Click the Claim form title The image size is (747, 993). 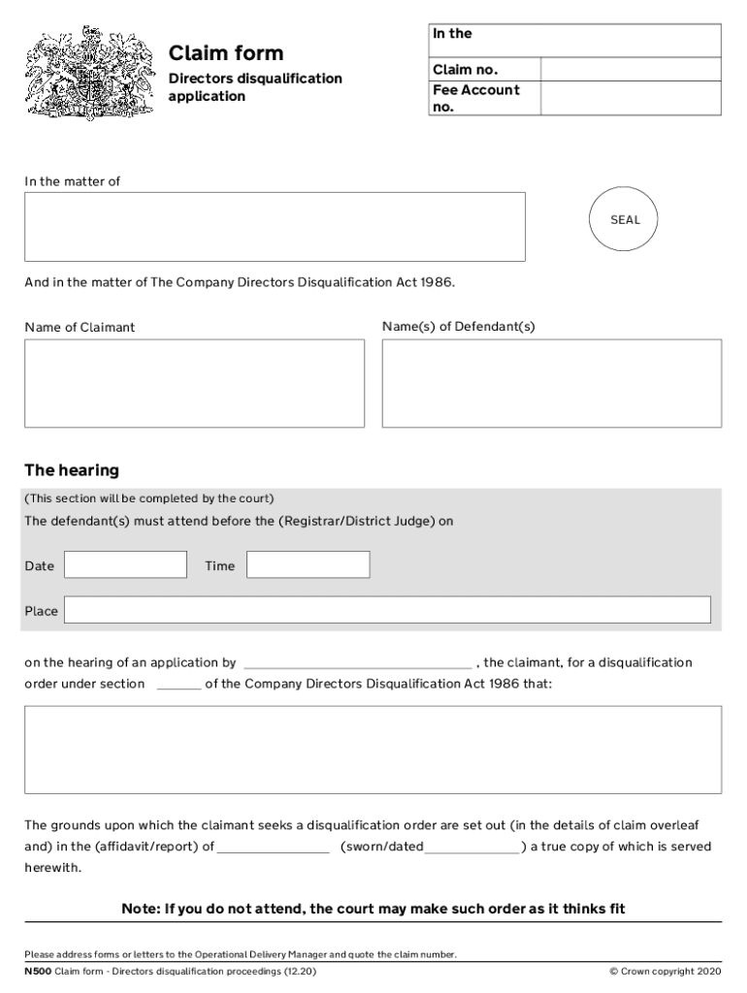(x=226, y=52)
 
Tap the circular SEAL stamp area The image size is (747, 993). (x=625, y=220)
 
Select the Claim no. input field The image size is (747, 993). (x=630, y=70)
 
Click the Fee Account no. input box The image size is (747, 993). (x=630, y=98)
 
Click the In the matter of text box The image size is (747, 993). (x=275, y=227)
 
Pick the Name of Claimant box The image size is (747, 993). (x=194, y=383)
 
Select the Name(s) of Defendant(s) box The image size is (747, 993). (x=551, y=383)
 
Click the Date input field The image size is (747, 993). (x=125, y=564)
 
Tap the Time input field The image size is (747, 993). (x=308, y=564)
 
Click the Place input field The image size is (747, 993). (x=387, y=610)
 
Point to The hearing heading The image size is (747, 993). (x=72, y=470)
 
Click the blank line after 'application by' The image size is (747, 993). (x=356, y=664)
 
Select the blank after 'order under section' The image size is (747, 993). (x=179, y=685)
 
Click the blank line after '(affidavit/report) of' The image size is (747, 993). (x=274, y=849)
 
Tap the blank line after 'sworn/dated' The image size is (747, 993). (x=472, y=849)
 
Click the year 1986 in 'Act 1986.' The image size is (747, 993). (x=436, y=283)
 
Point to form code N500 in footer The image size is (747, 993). (x=38, y=971)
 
